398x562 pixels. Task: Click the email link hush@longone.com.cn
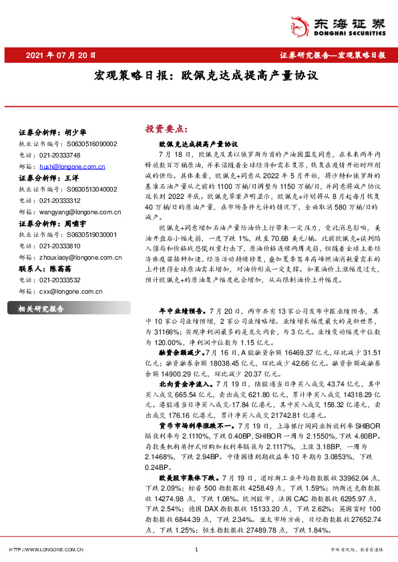[x=71, y=166]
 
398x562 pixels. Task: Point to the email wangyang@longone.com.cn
[x=79, y=212]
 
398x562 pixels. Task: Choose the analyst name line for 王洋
[x=49, y=178]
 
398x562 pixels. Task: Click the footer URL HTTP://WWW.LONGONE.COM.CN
[x=46, y=550]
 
